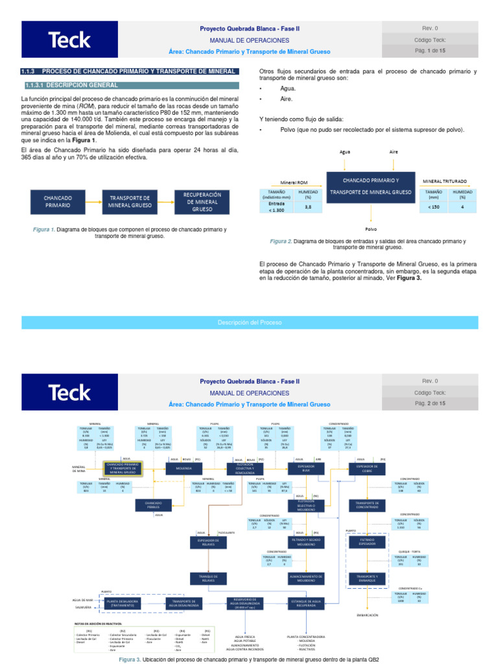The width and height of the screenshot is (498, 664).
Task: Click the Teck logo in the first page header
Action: coord(69,40)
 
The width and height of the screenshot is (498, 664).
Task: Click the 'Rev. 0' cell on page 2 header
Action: coord(430,381)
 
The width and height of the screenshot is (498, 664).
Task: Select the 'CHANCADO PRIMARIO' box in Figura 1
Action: coord(58,201)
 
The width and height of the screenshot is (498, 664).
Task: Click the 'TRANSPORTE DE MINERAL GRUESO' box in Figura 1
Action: coord(130,201)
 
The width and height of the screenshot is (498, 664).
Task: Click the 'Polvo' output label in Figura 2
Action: coord(371,228)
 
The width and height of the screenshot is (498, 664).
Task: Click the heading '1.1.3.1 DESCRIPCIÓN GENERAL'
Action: coord(71,85)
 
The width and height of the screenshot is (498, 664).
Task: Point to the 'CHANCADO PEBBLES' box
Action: coord(153,504)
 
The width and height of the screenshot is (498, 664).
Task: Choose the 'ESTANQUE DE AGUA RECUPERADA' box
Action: coord(307,602)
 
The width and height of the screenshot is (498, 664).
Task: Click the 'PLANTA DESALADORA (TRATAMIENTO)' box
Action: coord(122,602)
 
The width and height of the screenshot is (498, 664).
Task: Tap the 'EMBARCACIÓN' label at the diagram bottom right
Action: coord(368,615)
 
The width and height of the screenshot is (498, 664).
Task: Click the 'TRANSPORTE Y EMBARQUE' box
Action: coord(368,578)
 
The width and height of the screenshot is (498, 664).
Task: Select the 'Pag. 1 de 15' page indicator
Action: coord(430,51)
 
